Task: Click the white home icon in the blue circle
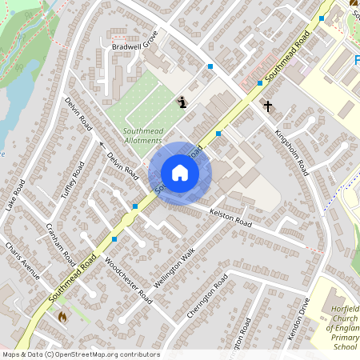tap(180, 173)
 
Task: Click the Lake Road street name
tap(16, 195)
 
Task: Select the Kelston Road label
tap(230, 218)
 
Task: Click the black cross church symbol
tap(268, 105)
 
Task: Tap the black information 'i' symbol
tap(183, 102)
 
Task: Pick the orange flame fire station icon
tap(62, 317)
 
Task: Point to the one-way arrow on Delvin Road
tap(102, 145)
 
